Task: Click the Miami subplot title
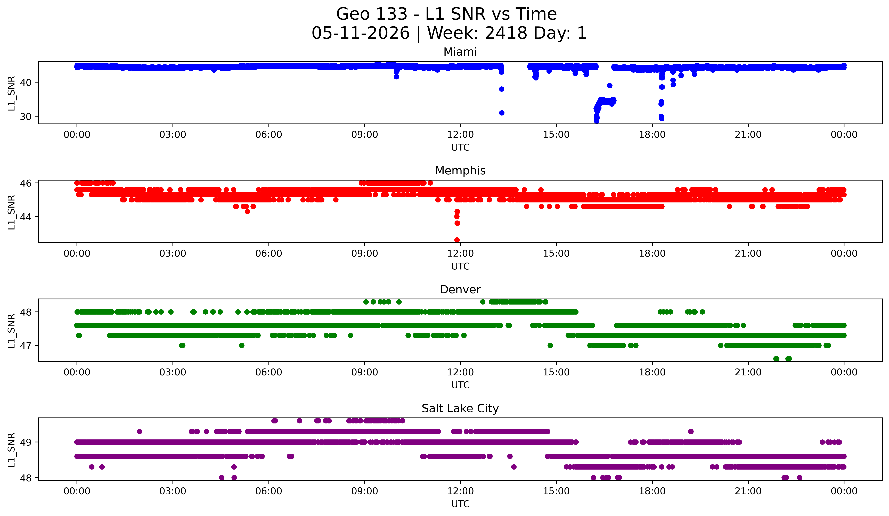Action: click(x=460, y=52)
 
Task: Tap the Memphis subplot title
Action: click(x=460, y=171)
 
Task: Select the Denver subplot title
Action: click(x=460, y=290)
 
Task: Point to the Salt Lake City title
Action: click(x=460, y=408)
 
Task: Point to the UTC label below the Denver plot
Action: click(x=460, y=385)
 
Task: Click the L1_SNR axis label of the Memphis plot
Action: click(x=11, y=212)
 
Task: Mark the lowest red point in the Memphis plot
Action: click(x=457, y=240)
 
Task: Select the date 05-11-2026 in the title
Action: click(x=361, y=33)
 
